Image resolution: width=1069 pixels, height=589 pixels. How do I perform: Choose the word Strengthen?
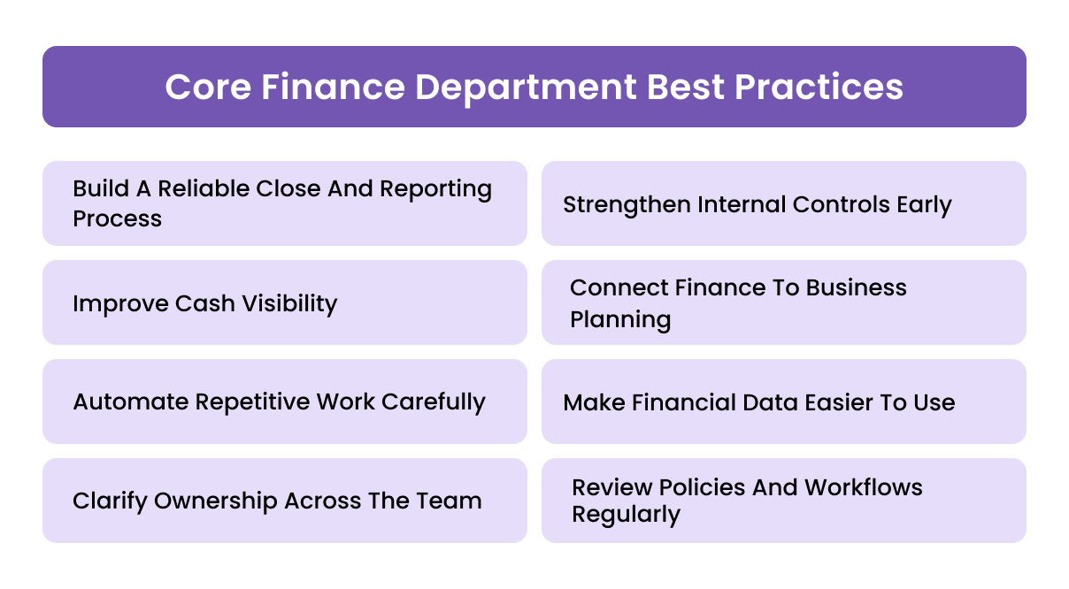click(x=627, y=205)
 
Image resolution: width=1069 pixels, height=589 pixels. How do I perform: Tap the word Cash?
click(x=205, y=303)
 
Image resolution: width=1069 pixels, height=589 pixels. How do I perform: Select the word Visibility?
click(x=288, y=303)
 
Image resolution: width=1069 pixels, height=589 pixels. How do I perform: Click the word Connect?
click(x=616, y=287)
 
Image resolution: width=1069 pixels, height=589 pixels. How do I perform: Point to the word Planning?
click(x=619, y=318)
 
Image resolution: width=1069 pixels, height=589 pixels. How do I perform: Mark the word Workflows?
click(x=864, y=487)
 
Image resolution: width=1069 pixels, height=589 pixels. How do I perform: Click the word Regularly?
click(x=626, y=515)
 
